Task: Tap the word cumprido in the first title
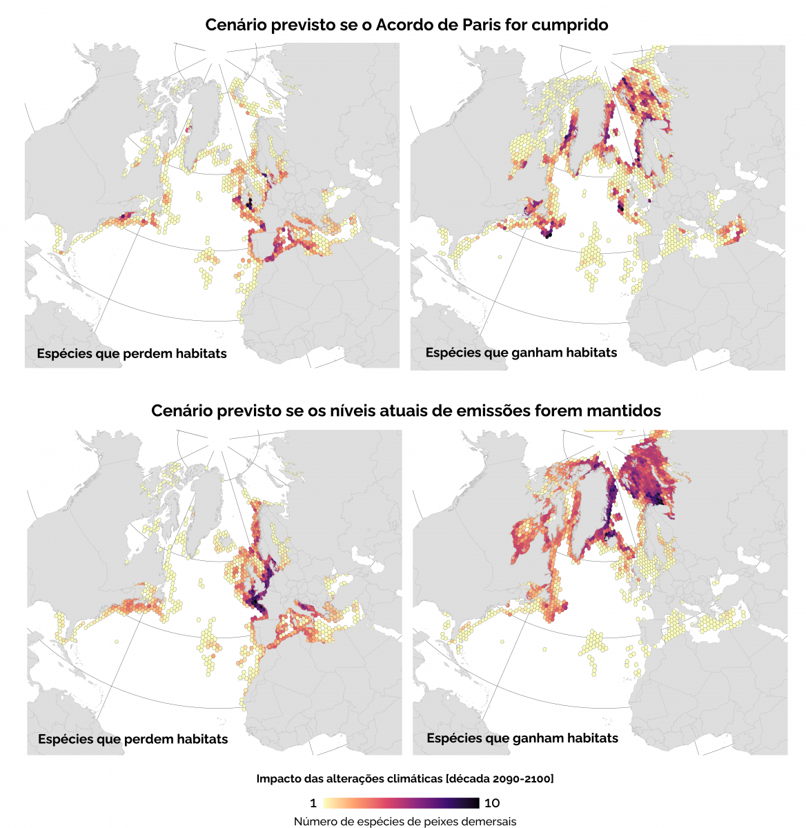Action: pos(573,26)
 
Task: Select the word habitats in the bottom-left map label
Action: pos(201,739)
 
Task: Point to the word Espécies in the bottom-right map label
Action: pos(452,738)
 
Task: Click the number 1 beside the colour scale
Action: pos(313,803)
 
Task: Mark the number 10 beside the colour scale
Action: pos(492,803)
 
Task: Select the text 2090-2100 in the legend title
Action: pos(522,779)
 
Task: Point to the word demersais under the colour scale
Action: pos(486,822)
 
